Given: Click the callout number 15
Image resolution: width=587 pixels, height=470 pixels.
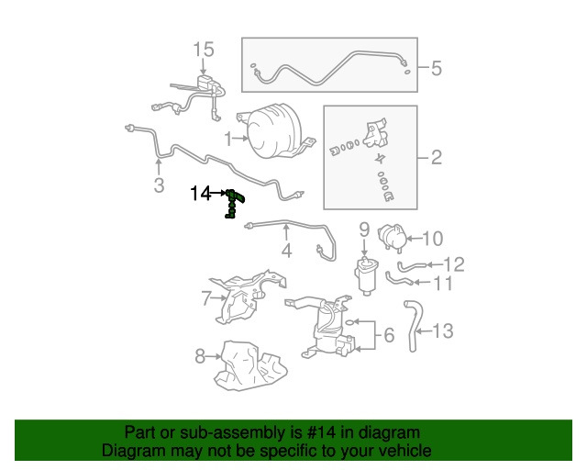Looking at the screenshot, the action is pyautogui.click(x=204, y=50).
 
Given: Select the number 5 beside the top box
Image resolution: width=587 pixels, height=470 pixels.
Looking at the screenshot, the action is pyautogui.click(x=437, y=68).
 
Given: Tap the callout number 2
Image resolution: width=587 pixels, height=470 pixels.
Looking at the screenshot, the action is pyautogui.click(x=437, y=157).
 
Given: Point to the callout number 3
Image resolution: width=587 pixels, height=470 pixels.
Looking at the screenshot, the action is pyautogui.click(x=159, y=185).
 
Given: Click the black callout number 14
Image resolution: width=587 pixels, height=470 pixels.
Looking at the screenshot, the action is pyautogui.click(x=201, y=194).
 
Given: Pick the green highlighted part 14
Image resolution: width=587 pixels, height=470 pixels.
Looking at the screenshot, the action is pyautogui.click(x=235, y=204).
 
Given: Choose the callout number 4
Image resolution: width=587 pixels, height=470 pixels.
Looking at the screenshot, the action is pyautogui.click(x=286, y=251).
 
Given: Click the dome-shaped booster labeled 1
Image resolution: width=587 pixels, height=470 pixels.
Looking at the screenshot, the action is pyautogui.click(x=276, y=131).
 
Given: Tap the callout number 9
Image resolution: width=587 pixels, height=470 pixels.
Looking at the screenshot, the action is pyautogui.click(x=364, y=229).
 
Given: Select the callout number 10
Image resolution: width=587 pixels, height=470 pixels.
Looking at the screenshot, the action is pyautogui.click(x=433, y=239).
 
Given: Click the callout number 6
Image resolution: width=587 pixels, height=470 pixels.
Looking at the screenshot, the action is pyautogui.click(x=389, y=335).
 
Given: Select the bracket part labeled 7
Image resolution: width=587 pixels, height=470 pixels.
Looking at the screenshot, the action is pyautogui.click(x=247, y=297).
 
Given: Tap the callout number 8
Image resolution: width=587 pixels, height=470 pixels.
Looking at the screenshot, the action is pyautogui.click(x=200, y=356).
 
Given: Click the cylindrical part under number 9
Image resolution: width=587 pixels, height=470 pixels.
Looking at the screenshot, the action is pyautogui.click(x=367, y=275).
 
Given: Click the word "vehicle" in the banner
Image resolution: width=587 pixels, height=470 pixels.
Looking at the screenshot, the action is pyautogui.click(x=407, y=450).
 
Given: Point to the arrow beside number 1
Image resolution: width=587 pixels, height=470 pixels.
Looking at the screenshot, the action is pyautogui.click(x=240, y=139).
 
